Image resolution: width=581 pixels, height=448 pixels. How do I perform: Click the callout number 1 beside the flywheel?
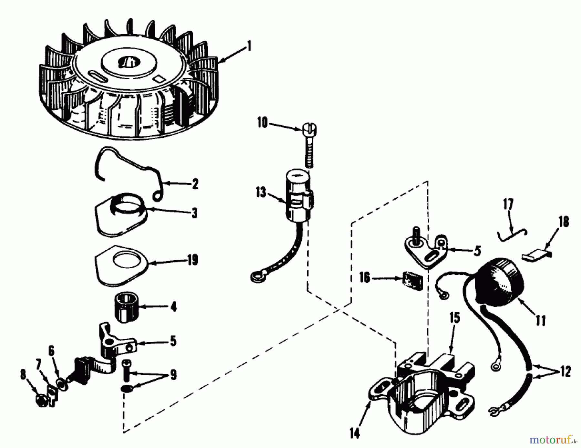coord(249,46)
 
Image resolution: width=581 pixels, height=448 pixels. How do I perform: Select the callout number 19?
coord(193,260)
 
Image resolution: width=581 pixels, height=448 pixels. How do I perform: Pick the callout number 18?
coord(564,222)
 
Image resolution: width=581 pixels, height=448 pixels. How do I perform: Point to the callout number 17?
coord(508,205)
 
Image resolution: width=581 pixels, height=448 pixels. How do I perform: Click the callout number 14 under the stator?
coord(354,433)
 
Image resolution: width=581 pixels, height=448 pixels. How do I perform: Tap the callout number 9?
coord(173,375)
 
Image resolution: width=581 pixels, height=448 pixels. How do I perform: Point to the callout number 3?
coord(194,213)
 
